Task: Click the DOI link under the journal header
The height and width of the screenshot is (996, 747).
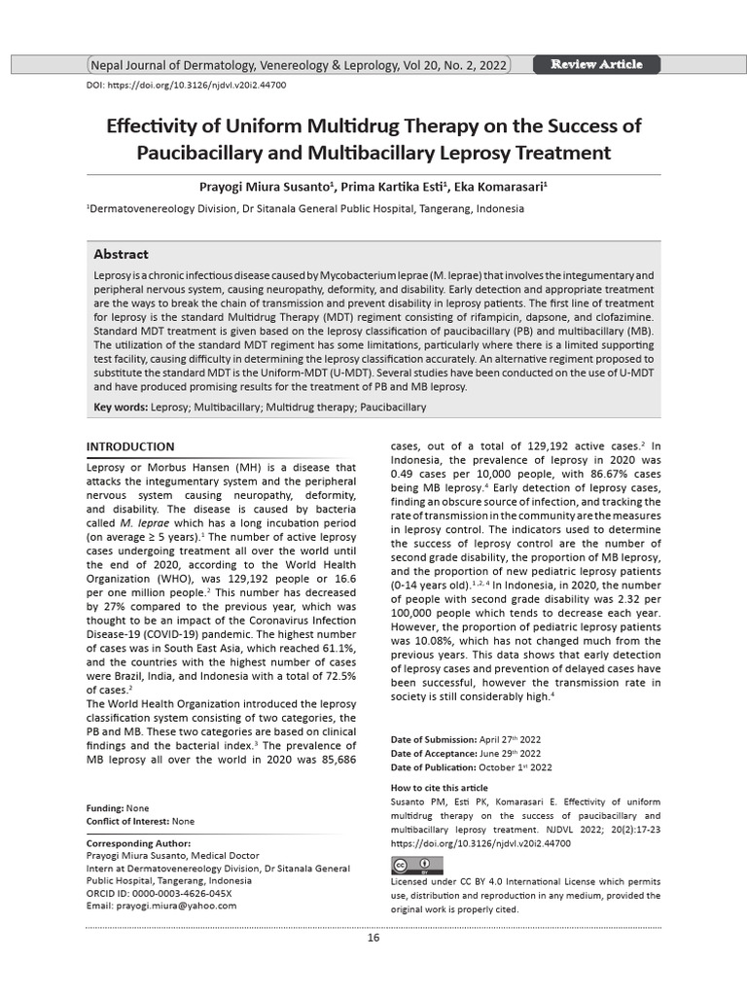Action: (187, 86)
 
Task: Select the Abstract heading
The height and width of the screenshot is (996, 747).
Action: (121, 254)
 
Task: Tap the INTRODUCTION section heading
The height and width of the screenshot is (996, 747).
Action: (130, 446)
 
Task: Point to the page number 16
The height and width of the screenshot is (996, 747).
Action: (373, 938)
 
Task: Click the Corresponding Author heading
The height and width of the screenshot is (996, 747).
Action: (139, 842)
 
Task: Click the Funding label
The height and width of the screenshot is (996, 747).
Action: (104, 808)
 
